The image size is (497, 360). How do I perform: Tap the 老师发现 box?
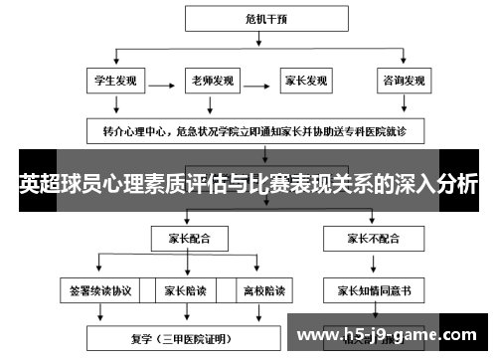212,81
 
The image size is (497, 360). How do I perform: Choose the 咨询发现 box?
403,81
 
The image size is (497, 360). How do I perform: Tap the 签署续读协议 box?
96,290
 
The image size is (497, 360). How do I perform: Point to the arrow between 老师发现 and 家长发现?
258,81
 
